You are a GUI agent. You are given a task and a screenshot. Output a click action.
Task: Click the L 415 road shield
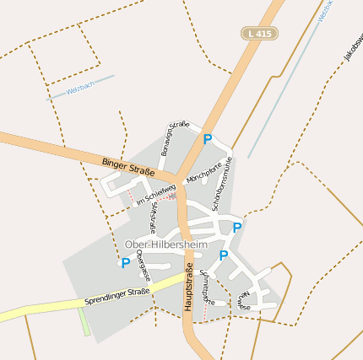point(258,33)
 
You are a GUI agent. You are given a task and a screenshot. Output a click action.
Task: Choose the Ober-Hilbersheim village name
point(165,244)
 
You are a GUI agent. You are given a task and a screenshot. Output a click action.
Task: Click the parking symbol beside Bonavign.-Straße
point(207,139)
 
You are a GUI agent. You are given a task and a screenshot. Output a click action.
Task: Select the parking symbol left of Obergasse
point(126,263)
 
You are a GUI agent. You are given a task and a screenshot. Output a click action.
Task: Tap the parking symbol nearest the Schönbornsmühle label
point(237,228)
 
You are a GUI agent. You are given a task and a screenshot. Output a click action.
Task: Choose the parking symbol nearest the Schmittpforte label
point(224,255)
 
